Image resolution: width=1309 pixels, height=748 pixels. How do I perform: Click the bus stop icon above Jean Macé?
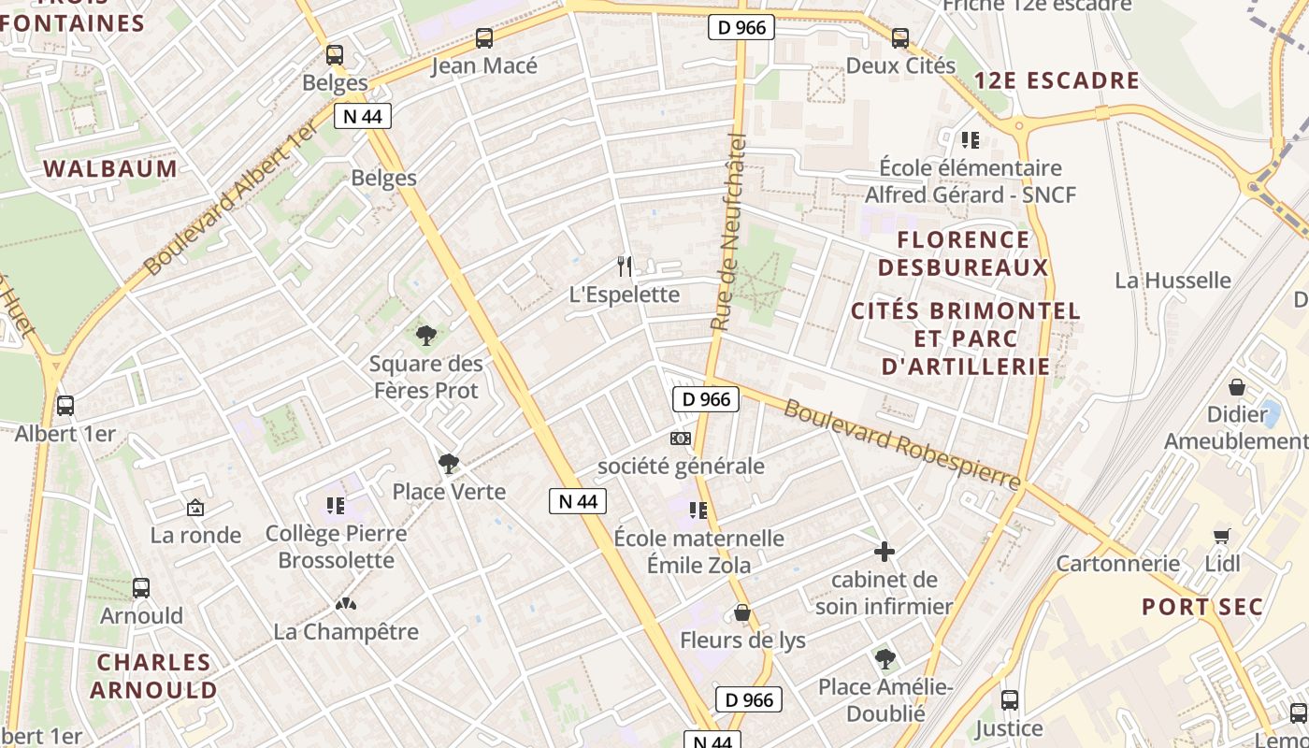point(483,38)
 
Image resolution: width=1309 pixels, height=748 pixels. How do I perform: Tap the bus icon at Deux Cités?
point(899,38)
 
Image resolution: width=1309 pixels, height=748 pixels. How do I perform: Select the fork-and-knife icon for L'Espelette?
point(625,266)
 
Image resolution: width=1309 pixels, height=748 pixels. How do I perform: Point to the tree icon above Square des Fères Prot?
point(426,334)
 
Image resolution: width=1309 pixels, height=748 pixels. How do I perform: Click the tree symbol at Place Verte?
point(449,463)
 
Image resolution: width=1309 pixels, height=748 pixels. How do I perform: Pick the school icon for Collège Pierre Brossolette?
point(336,506)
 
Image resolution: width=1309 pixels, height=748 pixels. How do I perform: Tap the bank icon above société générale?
point(681,438)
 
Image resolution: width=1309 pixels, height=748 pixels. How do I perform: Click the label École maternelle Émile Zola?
point(698,552)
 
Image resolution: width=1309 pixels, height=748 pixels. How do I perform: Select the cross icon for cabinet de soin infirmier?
point(884,552)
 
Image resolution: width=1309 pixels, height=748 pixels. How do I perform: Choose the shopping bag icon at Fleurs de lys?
point(742,612)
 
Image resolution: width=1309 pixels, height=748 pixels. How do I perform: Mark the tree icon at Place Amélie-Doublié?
point(885,659)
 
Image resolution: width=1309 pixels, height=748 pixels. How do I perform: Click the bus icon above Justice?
point(1009,699)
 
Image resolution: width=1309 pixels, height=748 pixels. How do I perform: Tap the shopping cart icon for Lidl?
point(1222,536)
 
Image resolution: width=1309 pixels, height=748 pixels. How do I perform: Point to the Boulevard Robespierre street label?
point(901,444)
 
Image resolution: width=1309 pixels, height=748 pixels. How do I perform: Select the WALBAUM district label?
point(110,169)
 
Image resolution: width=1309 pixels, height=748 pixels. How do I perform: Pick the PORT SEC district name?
point(1201,607)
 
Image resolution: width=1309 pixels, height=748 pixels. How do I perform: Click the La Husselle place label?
point(1172,280)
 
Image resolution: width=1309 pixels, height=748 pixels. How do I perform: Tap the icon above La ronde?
point(195,508)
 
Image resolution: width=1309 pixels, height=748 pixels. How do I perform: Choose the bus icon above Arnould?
point(141,588)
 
